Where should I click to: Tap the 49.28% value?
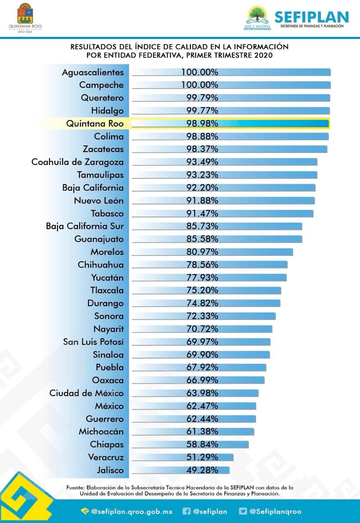[x=200, y=470]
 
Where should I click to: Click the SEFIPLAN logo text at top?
[x=311, y=17]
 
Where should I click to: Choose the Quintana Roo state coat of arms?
[x=25, y=14]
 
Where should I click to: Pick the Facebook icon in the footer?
[x=186, y=511]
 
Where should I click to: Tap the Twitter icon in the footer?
[x=243, y=511]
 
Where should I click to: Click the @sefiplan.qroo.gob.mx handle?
[x=132, y=511]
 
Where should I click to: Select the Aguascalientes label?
[x=92, y=72]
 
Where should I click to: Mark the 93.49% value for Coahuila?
[x=200, y=162]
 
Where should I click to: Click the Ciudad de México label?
[x=86, y=393]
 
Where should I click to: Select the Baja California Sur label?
[x=85, y=226]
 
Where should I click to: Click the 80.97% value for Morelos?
[x=200, y=252]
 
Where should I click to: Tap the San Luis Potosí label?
[x=93, y=342]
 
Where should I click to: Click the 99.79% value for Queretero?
[x=200, y=98]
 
